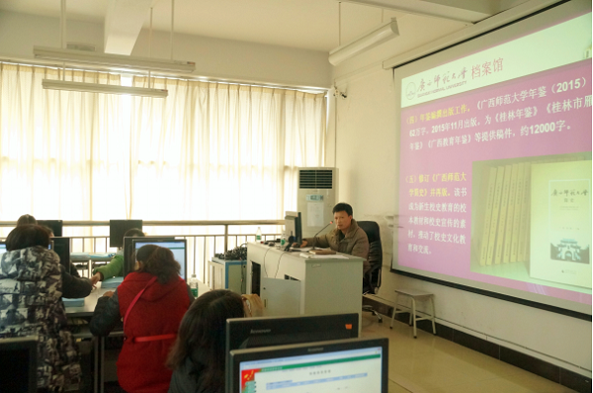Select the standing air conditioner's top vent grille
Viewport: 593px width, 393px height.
coord(315,179)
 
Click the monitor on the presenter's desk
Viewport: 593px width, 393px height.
coord(294,227)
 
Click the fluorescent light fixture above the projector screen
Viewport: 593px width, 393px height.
coord(364,41)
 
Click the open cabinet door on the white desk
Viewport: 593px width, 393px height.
coord(281,295)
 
